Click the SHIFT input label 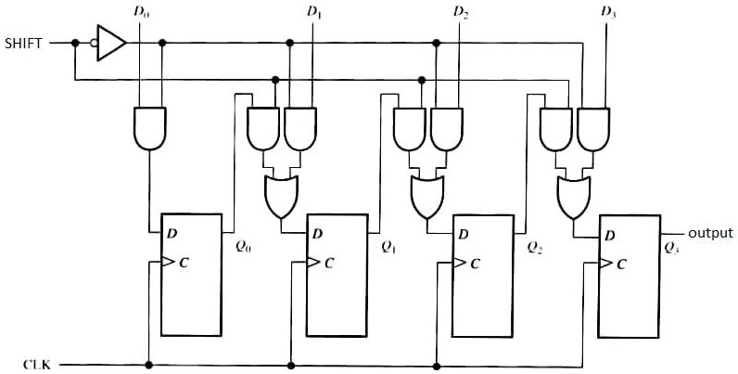pos(22,43)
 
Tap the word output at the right pos(710,233)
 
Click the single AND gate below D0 pos(150,128)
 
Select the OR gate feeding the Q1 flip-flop pos(278,196)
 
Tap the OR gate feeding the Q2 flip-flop pos(425,196)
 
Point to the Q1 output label pos(388,248)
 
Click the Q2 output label pos(534,248)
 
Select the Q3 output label pos(672,248)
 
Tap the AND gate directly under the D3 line pos(592,128)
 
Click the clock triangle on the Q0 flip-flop pos(167,263)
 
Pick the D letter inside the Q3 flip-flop pos(609,234)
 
